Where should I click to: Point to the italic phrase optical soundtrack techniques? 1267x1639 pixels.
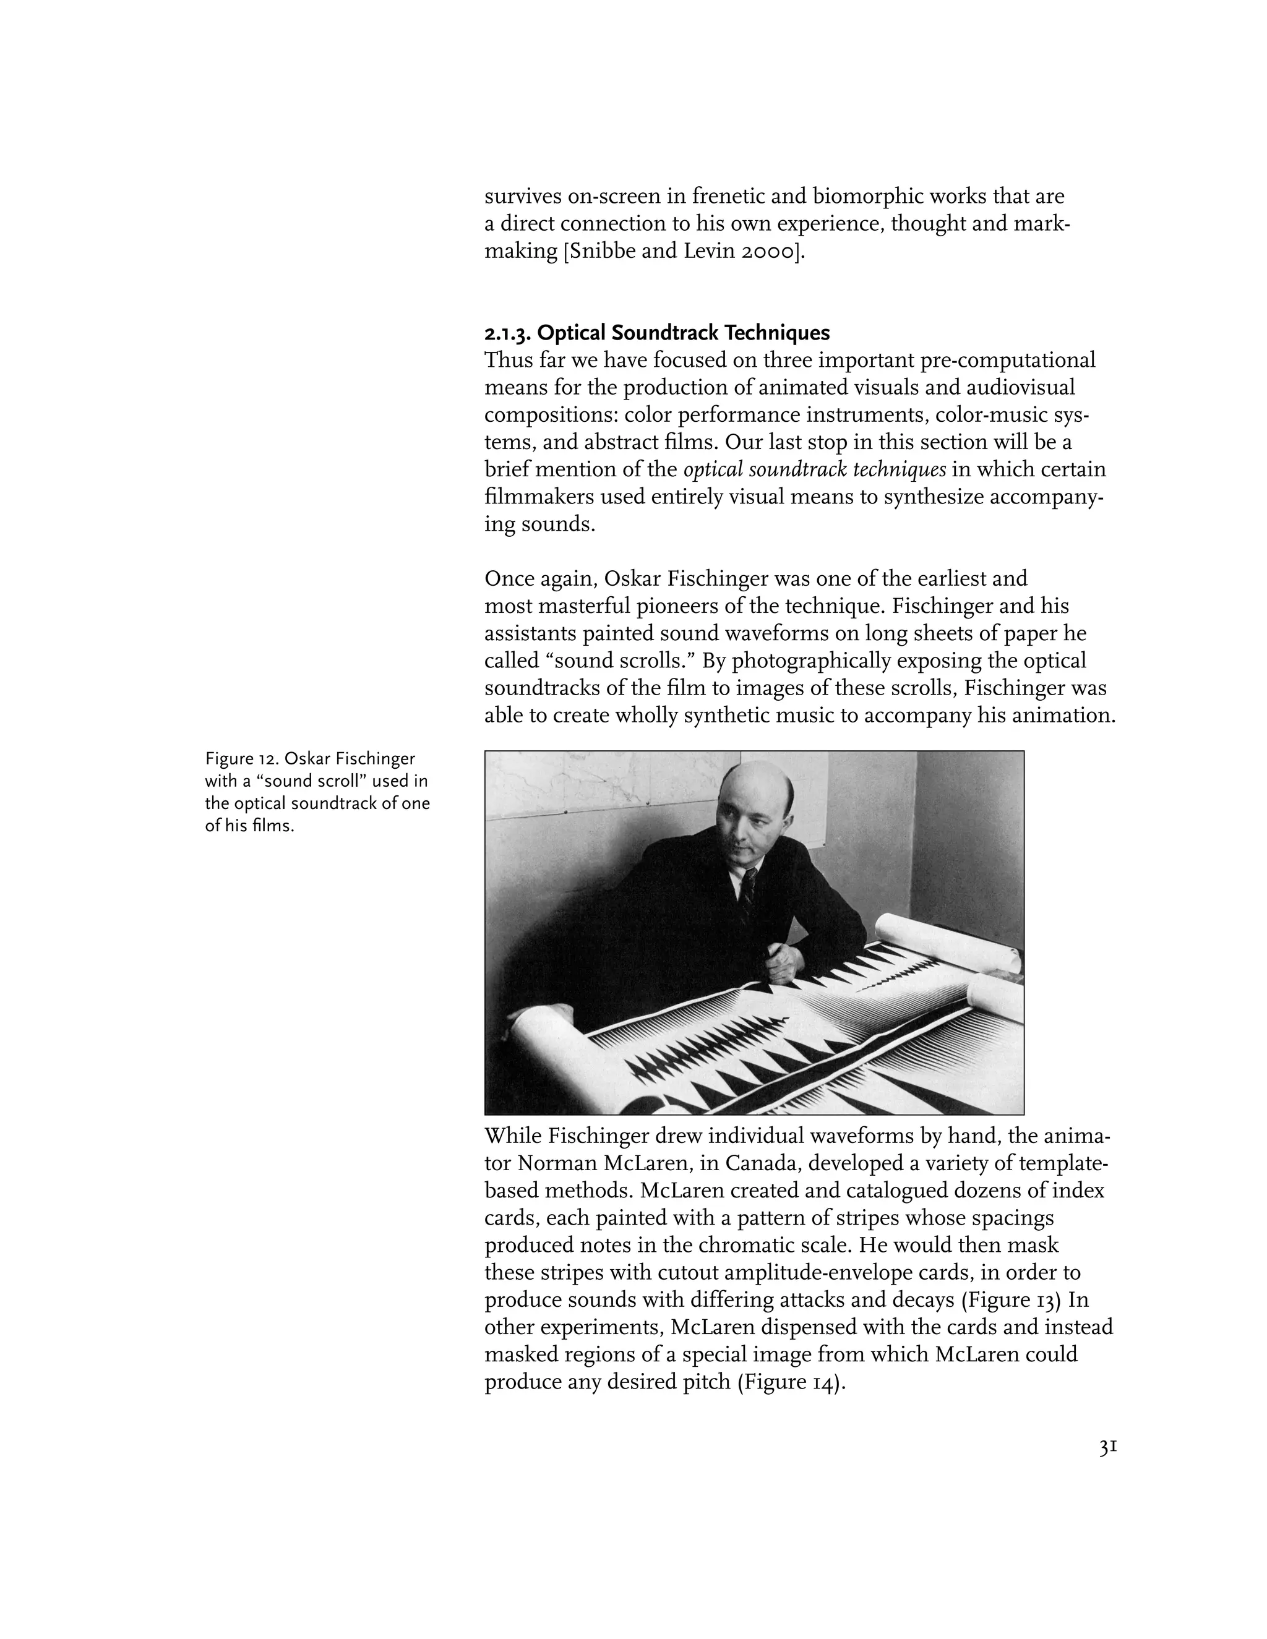point(814,470)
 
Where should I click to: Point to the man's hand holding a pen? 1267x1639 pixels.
point(778,967)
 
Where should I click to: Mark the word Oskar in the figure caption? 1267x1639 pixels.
point(307,759)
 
